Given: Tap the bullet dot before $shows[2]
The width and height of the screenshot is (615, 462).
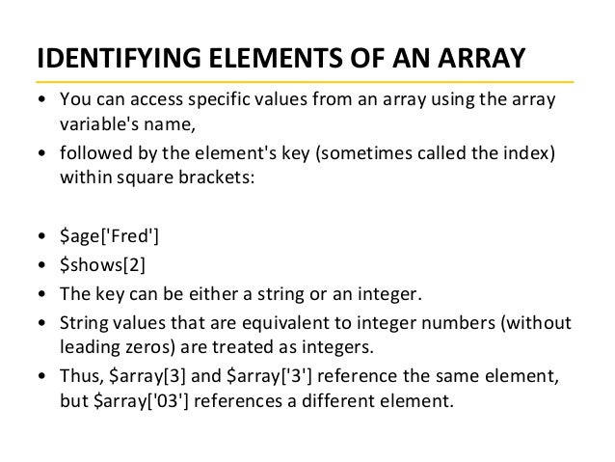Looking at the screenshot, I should (40, 264).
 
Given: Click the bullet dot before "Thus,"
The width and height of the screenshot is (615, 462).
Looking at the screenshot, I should (40, 375).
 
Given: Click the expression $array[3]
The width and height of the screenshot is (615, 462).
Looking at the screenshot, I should (139, 375).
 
